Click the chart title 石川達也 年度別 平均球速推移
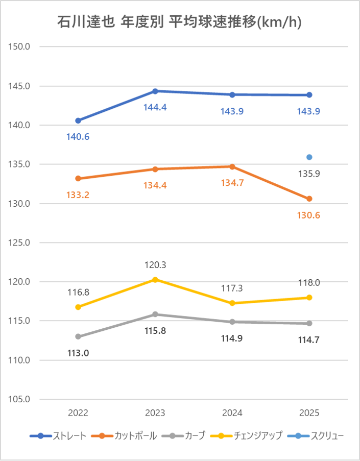point(179,23)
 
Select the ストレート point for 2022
point(78,120)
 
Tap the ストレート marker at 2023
point(155,91)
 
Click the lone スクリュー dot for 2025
point(309,157)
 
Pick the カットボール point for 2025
point(309,199)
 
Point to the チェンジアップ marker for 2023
point(155,279)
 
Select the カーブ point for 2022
point(78,336)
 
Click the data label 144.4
point(155,108)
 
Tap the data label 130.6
point(309,215)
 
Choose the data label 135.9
point(309,174)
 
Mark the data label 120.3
point(155,265)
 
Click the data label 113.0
point(78,353)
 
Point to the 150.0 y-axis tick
point(20,46)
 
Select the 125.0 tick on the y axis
point(20,242)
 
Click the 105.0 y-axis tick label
point(20,399)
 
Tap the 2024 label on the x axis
point(232,413)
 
